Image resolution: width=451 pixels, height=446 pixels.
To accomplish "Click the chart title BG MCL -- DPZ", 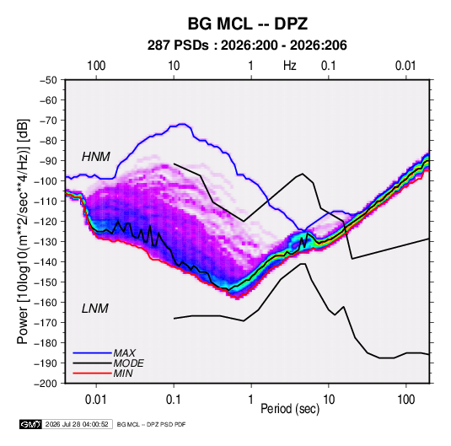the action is (x=248, y=24).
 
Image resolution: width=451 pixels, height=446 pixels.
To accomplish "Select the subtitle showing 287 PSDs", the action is (x=247, y=46).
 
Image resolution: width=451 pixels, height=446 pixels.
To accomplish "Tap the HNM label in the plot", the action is (x=96, y=157).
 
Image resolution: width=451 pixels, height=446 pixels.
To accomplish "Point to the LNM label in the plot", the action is (x=95, y=309).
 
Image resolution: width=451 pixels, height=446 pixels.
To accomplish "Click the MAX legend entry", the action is (x=124, y=353).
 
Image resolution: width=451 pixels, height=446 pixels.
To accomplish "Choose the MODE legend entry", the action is (x=129, y=363).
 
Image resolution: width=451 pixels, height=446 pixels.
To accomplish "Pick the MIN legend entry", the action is (x=123, y=373).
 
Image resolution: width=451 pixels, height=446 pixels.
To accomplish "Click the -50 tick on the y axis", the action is (x=48, y=80).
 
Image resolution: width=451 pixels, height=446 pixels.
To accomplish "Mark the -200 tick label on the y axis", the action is (x=46, y=384).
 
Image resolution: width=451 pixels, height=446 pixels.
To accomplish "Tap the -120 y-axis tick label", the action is (x=46, y=222).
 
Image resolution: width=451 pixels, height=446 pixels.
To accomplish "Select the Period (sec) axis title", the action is (x=290, y=409).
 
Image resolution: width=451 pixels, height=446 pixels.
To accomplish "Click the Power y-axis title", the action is (x=23, y=232).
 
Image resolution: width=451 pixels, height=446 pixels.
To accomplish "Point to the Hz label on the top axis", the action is (x=290, y=66).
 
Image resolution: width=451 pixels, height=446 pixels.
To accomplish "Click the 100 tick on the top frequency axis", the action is (x=96, y=66).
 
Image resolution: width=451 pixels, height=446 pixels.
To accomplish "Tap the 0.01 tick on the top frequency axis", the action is (x=405, y=66).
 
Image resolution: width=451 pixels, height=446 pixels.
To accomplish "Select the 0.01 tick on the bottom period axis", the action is (x=96, y=400).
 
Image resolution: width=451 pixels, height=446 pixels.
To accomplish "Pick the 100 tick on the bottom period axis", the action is (x=405, y=400).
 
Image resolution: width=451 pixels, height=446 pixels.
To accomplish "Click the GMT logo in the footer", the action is (x=31, y=424).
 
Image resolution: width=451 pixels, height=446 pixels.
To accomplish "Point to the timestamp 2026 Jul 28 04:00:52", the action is (x=77, y=424).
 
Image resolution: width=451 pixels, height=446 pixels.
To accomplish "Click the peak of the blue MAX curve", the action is (x=182, y=124).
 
